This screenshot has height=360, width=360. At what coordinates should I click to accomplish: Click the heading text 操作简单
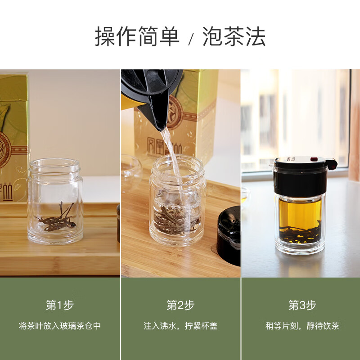point(137,36)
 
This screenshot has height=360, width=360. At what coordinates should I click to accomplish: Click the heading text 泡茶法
point(234,36)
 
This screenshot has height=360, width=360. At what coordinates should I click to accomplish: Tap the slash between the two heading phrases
point(191,39)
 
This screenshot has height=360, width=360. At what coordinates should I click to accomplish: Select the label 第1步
point(60,305)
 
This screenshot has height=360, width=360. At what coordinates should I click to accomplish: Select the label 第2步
point(180,305)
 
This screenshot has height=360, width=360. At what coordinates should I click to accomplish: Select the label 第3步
point(302,305)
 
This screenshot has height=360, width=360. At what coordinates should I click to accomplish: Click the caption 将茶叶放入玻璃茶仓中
point(60,326)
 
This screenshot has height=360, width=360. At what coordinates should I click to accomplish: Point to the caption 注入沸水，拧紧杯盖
point(180,326)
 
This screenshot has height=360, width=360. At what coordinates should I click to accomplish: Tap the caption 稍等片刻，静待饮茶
point(302,326)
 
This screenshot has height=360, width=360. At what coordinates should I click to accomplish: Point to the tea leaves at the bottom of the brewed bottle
point(299,234)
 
